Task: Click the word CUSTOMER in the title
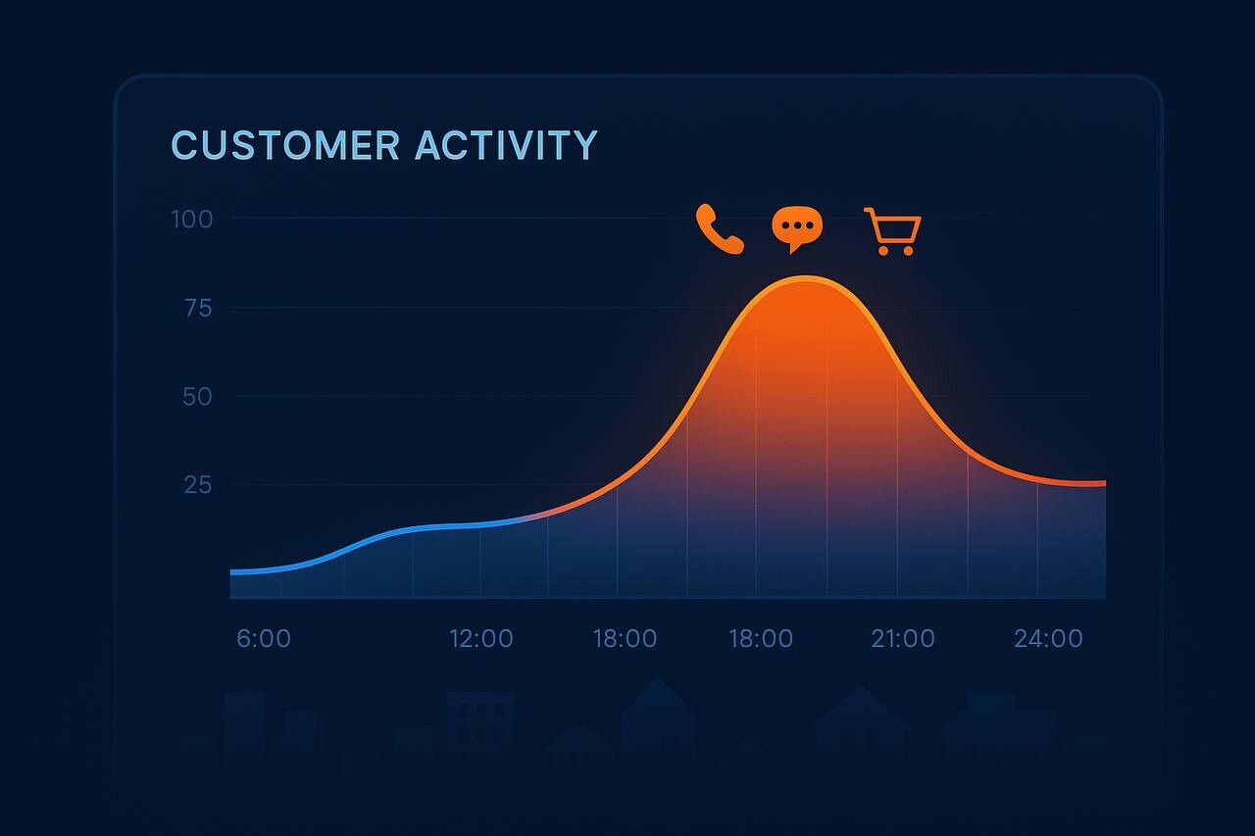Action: point(285,145)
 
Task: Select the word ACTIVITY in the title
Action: point(507,145)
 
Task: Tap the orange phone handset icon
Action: point(720,229)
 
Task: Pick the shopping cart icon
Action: point(892,231)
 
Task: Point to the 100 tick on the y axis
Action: point(191,220)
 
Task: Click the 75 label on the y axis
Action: point(198,309)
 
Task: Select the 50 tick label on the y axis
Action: point(197,397)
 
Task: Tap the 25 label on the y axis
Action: point(198,485)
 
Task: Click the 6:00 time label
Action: point(264,638)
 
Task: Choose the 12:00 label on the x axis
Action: point(481,638)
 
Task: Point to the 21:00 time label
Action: point(903,638)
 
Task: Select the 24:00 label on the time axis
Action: point(1048,638)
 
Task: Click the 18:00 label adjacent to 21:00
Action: point(760,638)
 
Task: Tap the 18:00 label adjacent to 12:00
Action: point(625,638)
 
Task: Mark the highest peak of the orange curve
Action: point(806,278)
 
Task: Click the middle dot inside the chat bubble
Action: point(797,225)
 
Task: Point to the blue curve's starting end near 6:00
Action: point(231,571)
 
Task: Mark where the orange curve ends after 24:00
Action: point(1105,482)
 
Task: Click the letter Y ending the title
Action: point(585,145)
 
